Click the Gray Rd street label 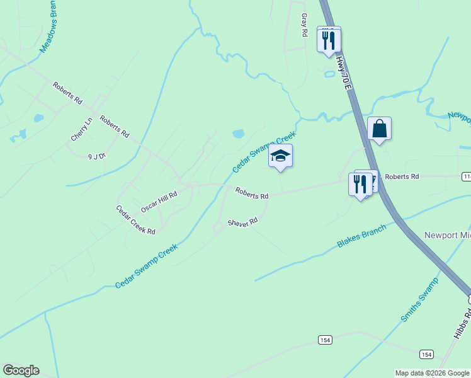click(304, 25)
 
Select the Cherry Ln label click(82, 129)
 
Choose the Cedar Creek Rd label click(135, 219)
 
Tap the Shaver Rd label click(243, 223)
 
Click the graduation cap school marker click(280, 156)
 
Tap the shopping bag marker click(380, 129)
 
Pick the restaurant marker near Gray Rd click(329, 40)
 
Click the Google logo click(21, 370)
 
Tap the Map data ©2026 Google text click(432, 373)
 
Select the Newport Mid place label click(447, 235)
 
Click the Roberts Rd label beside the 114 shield click(402, 177)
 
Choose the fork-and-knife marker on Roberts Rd click(360, 184)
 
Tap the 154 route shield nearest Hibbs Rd click(426, 353)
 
